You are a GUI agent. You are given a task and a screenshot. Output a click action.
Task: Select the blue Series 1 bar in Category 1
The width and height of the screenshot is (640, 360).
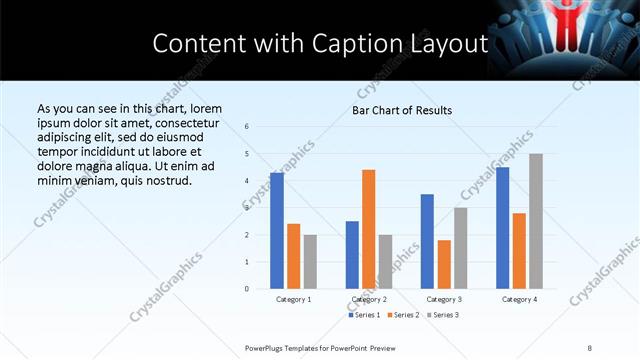tap(277, 231)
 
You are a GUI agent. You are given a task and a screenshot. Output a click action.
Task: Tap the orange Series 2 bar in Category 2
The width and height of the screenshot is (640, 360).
tap(369, 229)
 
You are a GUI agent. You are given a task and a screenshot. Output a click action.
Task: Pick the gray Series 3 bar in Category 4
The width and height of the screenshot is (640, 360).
tap(536, 221)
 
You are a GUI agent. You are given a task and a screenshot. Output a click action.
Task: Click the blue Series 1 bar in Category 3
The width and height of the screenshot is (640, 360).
tap(427, 241)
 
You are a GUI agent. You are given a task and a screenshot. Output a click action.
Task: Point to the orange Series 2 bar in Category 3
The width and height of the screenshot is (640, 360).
tap(444, 264)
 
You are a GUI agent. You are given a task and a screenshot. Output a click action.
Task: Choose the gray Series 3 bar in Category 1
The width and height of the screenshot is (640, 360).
tap(310, 261)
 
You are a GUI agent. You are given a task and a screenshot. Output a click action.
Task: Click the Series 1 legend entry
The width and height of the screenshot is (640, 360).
tap(364, 316)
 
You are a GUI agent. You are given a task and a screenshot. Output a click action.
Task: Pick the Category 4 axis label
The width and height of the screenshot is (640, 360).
tap(519, 299)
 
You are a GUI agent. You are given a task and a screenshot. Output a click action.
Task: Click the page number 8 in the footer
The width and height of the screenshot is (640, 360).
tap(590, 347)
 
